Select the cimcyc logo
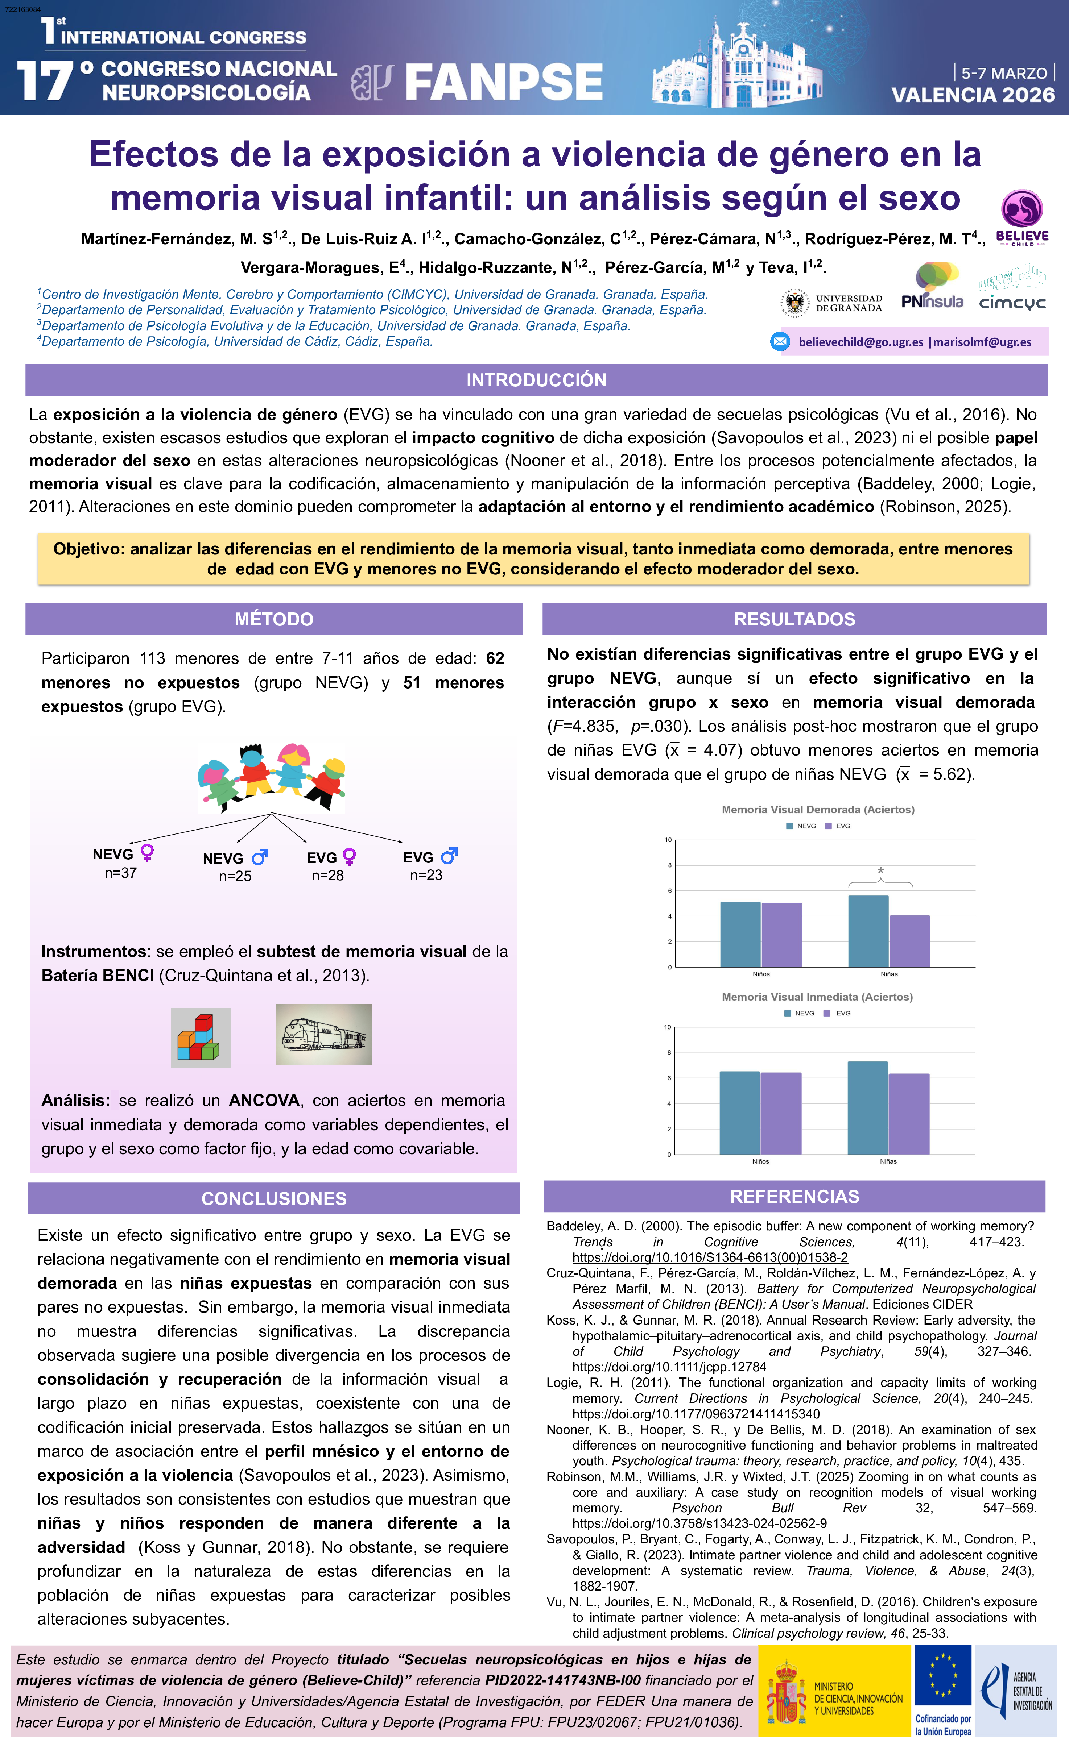[x=1012, y=291]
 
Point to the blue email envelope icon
[x=780, y=341]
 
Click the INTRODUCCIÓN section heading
[x=536, y=380]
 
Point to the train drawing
[x=323, y=1034]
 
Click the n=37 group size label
[x=120, y=873]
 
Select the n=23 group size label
[x=425, y=875]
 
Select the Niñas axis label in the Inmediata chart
[x=888, y=1161]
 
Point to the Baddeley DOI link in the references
[x=710, y=1258]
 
